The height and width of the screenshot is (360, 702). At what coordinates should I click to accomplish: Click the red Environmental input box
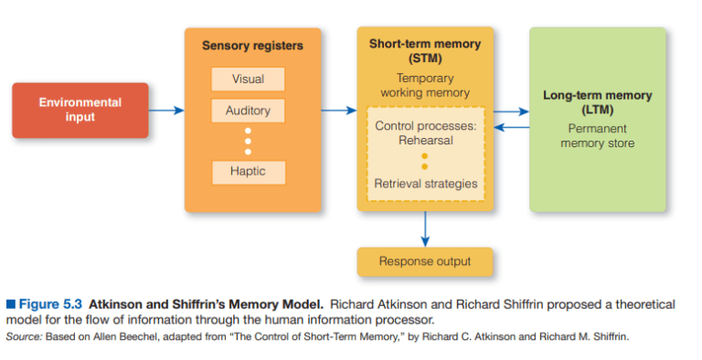click(80, 110)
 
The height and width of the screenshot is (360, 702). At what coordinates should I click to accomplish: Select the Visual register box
click(248, 79)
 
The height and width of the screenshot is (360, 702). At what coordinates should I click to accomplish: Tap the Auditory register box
click(248, 111)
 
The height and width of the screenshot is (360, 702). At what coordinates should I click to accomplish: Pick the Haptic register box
click(248, 172)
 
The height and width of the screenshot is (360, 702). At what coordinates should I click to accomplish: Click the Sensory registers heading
click(252, 45)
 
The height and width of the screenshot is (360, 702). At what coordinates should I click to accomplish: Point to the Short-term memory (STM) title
click(424, 50)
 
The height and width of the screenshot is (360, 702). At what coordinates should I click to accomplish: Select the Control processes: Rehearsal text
click(425, 132)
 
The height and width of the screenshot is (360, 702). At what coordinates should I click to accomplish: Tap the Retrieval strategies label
click(425, 184)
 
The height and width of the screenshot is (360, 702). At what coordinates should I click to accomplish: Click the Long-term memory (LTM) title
click(597, 102)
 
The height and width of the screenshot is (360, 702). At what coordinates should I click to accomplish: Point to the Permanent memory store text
click(597, 136)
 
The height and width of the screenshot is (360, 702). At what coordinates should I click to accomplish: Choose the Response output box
click(424, 262)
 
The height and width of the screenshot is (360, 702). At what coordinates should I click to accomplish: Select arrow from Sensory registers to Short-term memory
click(338, 111)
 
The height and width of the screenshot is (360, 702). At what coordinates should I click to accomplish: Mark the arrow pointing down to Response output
click(425, 228)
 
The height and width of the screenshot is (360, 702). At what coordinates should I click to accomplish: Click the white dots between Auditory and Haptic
click(248, 141)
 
